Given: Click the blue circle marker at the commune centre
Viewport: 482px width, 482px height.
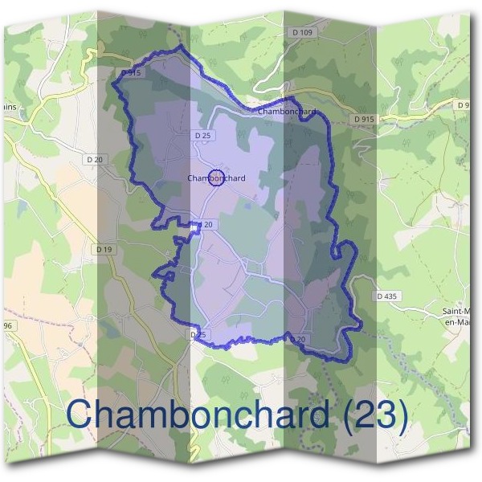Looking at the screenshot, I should [216, 178].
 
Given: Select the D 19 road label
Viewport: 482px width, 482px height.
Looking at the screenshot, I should [104, 249].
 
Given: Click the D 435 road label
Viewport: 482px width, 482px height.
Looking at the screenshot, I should [387, 296].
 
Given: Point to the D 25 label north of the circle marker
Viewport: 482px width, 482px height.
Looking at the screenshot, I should [202, 137].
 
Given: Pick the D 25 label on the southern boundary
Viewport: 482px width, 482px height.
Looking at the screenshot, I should [198, 333].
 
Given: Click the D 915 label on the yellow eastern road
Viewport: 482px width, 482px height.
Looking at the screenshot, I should [363, 118].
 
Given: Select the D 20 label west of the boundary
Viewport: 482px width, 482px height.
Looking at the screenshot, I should [95, 160].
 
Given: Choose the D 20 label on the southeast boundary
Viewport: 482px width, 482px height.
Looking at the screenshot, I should [298, 340].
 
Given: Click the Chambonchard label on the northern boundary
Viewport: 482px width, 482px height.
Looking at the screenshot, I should [287, 112].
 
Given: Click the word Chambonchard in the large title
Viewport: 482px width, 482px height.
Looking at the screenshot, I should [197, 415].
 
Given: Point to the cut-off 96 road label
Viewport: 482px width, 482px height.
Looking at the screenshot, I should [6, 325].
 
